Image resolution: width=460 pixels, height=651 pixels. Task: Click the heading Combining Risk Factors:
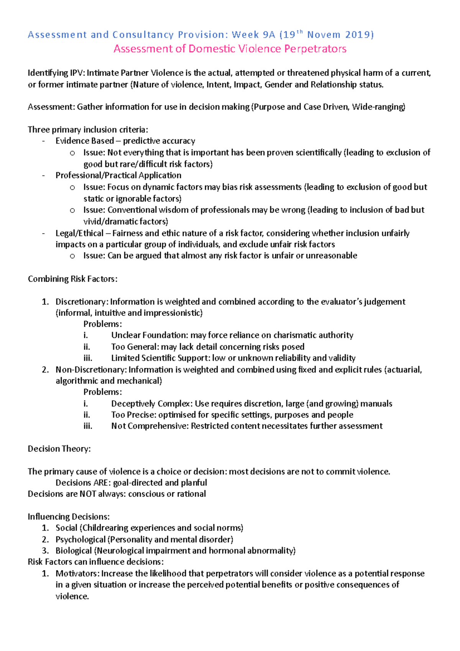tap(72, 279)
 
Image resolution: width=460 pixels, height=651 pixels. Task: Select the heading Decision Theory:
tap(59, 449)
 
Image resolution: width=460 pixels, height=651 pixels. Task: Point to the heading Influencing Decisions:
tap(69, 517)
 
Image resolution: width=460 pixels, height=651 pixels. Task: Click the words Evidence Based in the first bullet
tap(85, 141)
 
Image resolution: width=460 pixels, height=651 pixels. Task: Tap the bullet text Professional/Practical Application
tap(118, 176)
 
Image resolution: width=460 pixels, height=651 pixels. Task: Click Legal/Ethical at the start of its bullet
tap(79, 233)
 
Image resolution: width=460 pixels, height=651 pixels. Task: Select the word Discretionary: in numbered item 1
tap(82, 302)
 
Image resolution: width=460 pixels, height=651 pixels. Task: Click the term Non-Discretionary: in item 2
tap(91, 370)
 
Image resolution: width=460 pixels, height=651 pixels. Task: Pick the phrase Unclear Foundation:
tap(149, 335)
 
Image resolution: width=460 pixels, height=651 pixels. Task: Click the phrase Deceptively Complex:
tap(152, 404)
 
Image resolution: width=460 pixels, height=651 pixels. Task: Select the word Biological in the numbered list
tap(74, 551)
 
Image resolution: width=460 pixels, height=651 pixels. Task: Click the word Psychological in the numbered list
tap(80, 540)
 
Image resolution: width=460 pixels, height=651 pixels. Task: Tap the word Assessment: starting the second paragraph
tap(51, 107)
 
